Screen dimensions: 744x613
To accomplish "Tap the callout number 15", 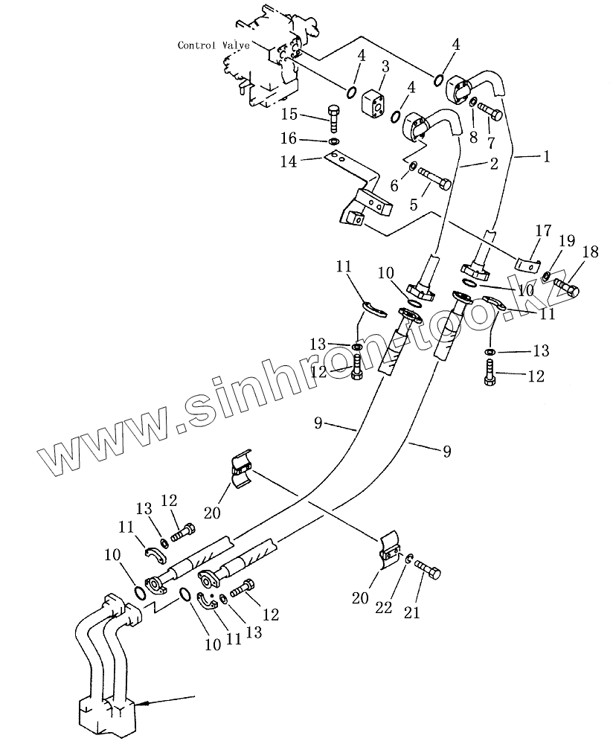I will [x=289, y=115].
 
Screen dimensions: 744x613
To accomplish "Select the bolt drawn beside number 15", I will [x=335, y=117].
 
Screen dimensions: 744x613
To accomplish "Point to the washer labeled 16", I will [x=334, y=141].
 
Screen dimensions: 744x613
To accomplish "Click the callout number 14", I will [x=289, y=161].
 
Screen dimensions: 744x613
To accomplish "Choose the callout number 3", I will [x=385, y=67].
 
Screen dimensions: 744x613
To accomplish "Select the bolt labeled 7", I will [x=491, y=112].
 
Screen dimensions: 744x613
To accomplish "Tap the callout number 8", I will [x=474, y=137].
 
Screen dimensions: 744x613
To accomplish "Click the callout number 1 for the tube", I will [x=547, y=157].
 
